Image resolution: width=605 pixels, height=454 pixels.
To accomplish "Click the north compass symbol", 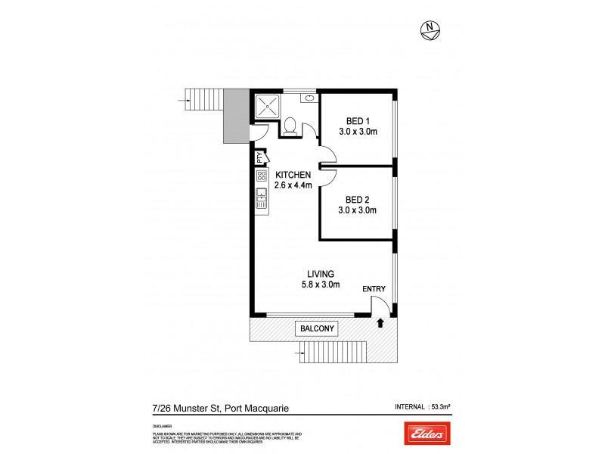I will pyautogui.click(x=431, y=30).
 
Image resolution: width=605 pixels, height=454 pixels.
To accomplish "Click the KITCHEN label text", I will pyautogui.click(x=293, y=174).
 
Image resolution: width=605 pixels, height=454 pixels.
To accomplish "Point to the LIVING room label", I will pyautogui.click(x=321, y=273).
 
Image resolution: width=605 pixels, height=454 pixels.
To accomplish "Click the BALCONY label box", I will pyautogui.click(x=316, y=328).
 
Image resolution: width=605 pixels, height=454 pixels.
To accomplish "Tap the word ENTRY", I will pyautogui.click(x=374, y=289).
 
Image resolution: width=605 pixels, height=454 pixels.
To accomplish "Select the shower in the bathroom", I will pyautogui.click(x=267, y=107).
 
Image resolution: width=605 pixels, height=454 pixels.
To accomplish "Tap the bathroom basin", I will pyautogui.click(x=310, y=98).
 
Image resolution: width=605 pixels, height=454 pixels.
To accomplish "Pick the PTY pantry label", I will pyautogui.click(x=259, y=158).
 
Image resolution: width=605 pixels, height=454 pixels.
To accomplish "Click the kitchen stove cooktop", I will pyautogui.click(x=262, y=177).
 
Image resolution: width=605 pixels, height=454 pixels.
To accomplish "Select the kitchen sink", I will pyautogui.click(x=262, y=199).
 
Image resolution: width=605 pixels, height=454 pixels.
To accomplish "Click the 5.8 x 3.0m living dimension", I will pyautogui.click(x=321, y=285).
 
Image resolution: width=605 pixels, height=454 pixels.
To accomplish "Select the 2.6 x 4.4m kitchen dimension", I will pyautogui.click(x=293, y=185).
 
